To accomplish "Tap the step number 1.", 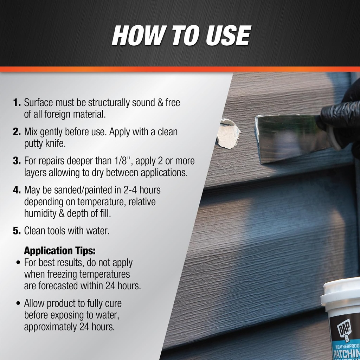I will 17,103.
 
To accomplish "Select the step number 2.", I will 17,132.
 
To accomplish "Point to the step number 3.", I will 17,161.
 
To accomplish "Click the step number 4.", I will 17,190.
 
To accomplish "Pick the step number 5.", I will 17,231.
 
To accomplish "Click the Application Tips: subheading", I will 60,251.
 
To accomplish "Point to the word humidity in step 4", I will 39,213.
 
